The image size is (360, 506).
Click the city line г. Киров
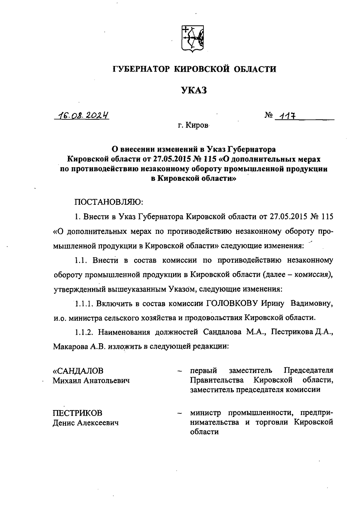click(x=193, y=126)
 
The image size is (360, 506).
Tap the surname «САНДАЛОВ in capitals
click(x=78, y=371)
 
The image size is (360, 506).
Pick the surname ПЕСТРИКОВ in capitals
click(x=77, y=413)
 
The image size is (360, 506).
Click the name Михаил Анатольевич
click(x=91, y=381)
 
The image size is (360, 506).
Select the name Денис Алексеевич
click(x=86, y=423)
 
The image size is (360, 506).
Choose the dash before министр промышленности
click(x=180, y=413)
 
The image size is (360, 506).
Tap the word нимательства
click(x=215, y=423)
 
